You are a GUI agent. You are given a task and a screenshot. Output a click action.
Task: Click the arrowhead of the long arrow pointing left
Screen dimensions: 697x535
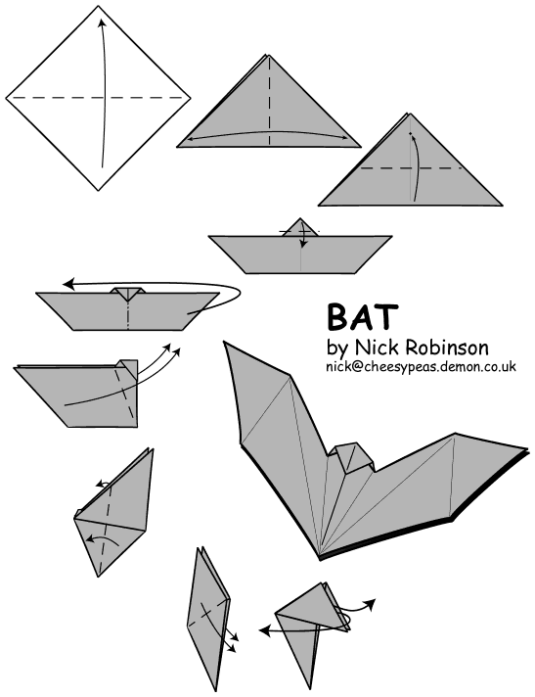[68, 284]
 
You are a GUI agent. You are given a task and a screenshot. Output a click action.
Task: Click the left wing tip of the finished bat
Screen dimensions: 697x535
[226, 345]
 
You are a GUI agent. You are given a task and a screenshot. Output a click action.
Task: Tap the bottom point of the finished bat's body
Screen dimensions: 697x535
[321, 556]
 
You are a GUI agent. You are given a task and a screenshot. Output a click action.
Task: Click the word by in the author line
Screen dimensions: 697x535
[336, 348]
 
